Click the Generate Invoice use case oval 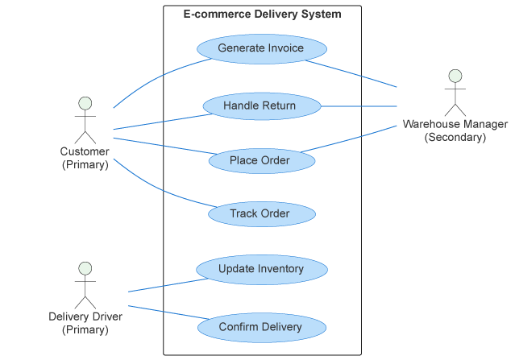coord(261,48)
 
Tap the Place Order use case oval coord(261,160)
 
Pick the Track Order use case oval coord(261,214)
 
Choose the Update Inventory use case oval coord(261,269)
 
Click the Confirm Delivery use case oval coord(261,327)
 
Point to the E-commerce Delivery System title coord(262,14)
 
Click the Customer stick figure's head coord(85,103)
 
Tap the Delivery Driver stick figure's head coord(85,268)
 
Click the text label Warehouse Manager coord(455,124)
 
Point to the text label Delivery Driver coord(85,317)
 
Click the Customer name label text coord(85,151)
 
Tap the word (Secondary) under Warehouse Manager coord(455,137)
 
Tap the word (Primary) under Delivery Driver coord(85,329)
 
